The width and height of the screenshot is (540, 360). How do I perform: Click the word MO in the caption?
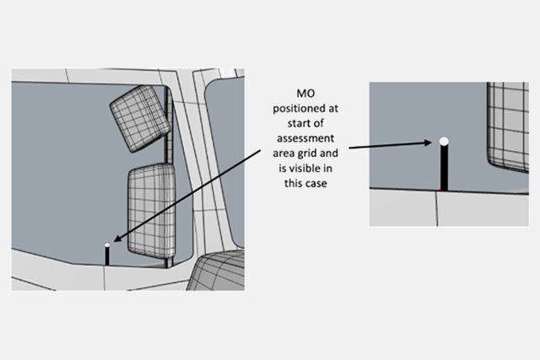click(305, 94)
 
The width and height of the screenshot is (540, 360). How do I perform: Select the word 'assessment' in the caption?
click(305, 138)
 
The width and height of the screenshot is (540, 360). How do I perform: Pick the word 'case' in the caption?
click(315, 184)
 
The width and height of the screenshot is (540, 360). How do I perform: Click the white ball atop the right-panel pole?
click(444, 141)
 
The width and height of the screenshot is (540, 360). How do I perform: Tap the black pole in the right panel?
click(445, 168)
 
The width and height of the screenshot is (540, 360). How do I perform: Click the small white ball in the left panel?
click(107, 245)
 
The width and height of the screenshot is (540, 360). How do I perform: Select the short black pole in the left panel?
click(107, 256)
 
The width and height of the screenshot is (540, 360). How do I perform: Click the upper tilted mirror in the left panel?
click(140, 118)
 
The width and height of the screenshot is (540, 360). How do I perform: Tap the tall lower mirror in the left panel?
click(152, 211)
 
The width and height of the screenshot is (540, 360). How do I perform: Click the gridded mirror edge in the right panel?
click(508, 126)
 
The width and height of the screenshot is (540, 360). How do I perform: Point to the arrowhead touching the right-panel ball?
click(428, 142)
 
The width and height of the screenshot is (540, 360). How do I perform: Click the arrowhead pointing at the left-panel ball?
click(117, 239)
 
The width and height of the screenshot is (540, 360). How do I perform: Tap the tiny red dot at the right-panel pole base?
click(440, 190)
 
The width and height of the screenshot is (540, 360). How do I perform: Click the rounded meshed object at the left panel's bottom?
click(216, 271)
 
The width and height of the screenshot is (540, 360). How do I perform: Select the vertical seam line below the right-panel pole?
click(437, 209)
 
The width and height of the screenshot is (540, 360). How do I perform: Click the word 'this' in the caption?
click(293, 183)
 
